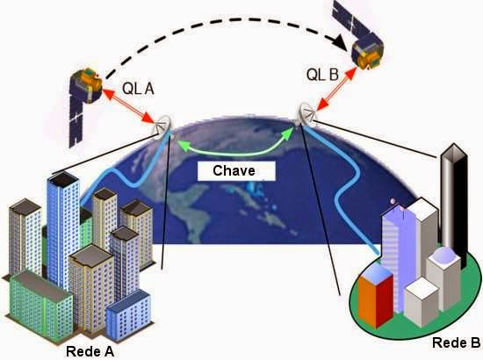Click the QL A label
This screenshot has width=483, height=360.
[138, 89]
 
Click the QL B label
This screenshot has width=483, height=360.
[322, 75]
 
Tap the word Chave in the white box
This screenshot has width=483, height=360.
[234, 170]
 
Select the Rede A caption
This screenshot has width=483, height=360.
[90, 351]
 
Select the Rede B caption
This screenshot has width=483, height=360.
[456, 342]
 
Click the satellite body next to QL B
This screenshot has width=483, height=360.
[367, 53]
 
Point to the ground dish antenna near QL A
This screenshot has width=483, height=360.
[162, 126]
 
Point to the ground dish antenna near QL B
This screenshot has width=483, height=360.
[307, 114]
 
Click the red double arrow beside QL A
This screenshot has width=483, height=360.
[128, 105]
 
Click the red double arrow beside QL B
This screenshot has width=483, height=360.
[336, 89]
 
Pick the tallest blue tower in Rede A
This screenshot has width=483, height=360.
[63, 228]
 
